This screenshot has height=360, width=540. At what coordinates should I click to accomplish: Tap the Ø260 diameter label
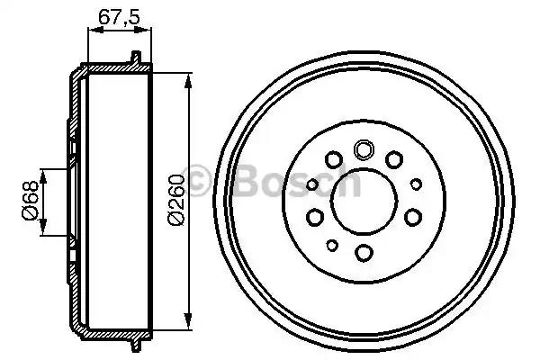[x=175, y=199]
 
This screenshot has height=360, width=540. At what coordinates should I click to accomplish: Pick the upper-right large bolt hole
[x=394, y=160]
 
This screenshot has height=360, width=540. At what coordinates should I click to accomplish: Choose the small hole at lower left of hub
[x=332, y=245]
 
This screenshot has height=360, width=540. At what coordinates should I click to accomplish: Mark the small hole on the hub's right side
[x=416, y=184]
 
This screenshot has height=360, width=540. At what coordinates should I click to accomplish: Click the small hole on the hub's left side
[x=311, y=184]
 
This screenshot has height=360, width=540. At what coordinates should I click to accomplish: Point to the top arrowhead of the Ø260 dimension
[x=187, y=82]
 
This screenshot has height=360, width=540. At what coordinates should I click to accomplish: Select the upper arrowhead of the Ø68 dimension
[x=42, y=171]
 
